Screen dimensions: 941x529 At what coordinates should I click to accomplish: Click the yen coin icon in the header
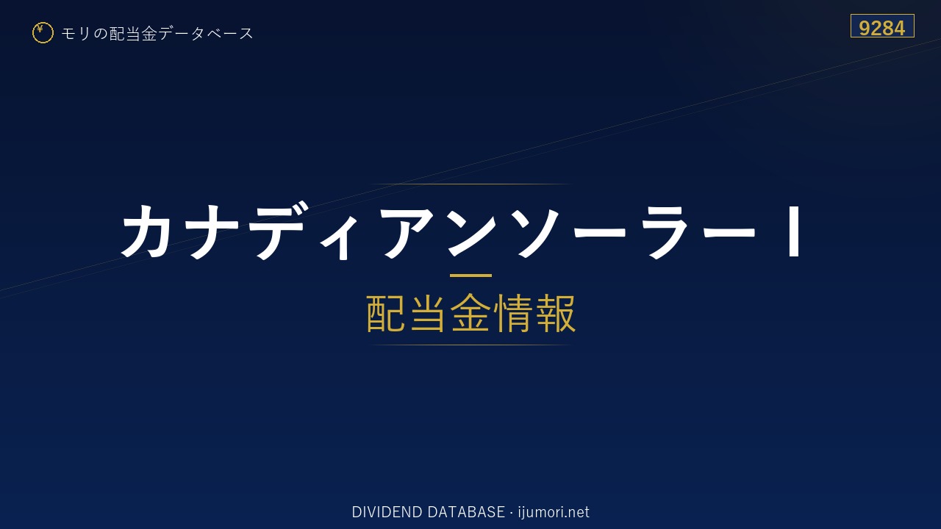point(43,33)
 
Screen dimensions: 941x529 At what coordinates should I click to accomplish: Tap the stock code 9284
point(881,28)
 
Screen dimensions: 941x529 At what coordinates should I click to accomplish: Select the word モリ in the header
point(76,33)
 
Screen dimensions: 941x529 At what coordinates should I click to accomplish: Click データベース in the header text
point(206,33)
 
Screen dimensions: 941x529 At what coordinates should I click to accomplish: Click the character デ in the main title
point(278,231)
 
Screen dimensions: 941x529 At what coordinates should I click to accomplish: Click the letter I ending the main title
point(795,231)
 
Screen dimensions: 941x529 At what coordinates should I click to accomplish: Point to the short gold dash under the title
point(470,276)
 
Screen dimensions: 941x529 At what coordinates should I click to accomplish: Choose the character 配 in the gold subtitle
point(386,313)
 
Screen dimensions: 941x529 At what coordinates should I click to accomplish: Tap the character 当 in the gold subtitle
point(428,313)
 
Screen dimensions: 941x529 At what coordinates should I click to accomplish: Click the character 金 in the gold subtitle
point(470,313)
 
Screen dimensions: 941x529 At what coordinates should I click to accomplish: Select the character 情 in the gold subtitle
point(512,313)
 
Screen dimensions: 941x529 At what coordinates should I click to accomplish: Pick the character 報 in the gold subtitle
point(555,313)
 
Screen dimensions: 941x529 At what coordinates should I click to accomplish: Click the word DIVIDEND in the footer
point(387,512)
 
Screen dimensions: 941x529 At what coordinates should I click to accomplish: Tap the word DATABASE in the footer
point(466,512)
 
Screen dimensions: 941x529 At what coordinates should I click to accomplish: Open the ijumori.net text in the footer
point(554,512)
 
